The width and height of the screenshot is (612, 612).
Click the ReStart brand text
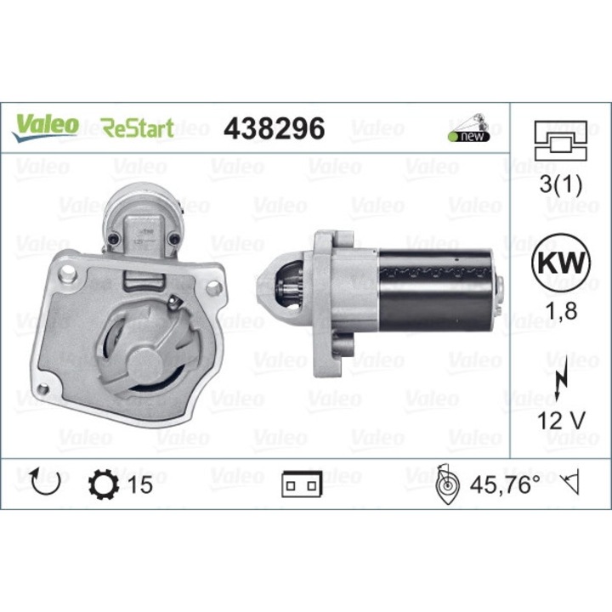click(138, 128)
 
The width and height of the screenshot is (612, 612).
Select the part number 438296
click(273, 127)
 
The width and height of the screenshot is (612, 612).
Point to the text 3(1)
click(561, 185)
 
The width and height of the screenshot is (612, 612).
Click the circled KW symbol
click(561, 262)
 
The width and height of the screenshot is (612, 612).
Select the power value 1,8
click(561, 311)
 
